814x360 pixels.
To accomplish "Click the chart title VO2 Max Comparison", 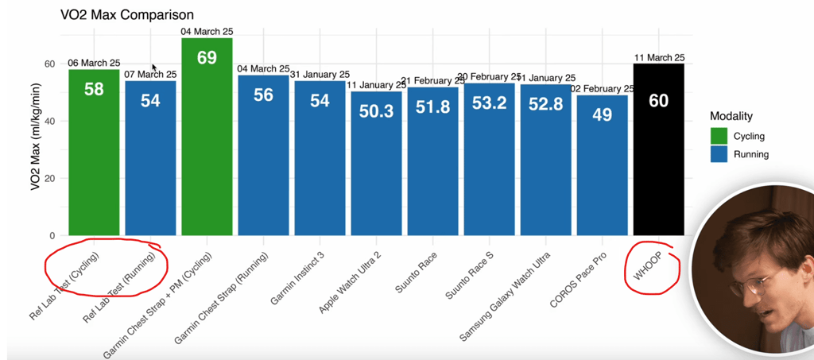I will [127, 15].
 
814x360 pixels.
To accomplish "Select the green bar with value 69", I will [207, 143].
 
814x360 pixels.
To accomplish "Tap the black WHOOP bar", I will [658, 159].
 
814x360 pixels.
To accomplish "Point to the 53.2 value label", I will [489, 103].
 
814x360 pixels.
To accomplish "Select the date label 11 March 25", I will [659, 57].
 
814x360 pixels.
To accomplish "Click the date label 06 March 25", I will [94, 64].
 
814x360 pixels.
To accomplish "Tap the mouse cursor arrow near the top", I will [154, 68].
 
